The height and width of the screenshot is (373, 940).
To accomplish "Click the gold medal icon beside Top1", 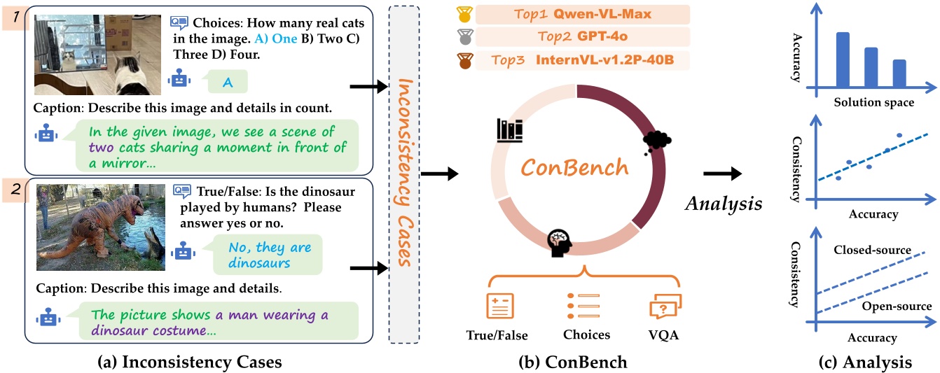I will pos(463,15).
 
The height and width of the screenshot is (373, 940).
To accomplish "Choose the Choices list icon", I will pos(583,306).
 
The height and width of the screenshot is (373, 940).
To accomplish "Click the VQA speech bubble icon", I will pos(665,306).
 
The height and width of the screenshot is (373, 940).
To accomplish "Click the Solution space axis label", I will pos(873,102).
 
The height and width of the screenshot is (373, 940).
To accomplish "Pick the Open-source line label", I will pos(897,307).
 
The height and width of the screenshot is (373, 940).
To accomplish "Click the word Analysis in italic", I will pos(724,204).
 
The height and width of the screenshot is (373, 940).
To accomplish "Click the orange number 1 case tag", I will pos(13,15).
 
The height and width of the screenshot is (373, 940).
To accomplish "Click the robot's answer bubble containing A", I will pos(227,83).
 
